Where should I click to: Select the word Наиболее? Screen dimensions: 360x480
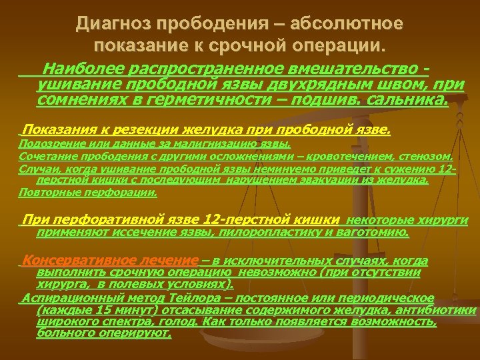(x=72, y=67)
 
